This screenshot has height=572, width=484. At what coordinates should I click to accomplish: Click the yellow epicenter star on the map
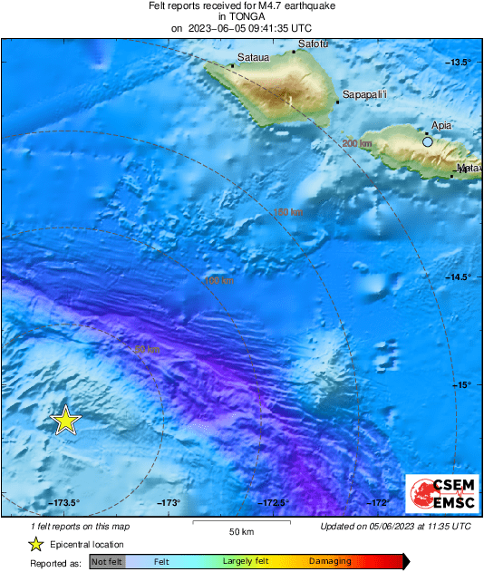pos(66,421)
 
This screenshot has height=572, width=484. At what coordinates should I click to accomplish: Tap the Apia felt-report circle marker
pos(428,141)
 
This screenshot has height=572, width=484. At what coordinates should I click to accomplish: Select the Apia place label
pos(442,126)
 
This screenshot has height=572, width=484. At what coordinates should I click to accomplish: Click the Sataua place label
pos(253,58)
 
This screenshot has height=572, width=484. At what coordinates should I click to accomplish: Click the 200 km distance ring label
pos(357,143)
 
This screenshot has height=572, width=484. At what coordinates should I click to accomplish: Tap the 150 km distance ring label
pos(288,212)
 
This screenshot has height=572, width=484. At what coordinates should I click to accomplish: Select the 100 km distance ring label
pos(218,281)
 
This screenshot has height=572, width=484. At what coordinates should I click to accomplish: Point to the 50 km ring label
pos(147,350)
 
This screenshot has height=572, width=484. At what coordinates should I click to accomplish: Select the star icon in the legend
pos(35,545)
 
